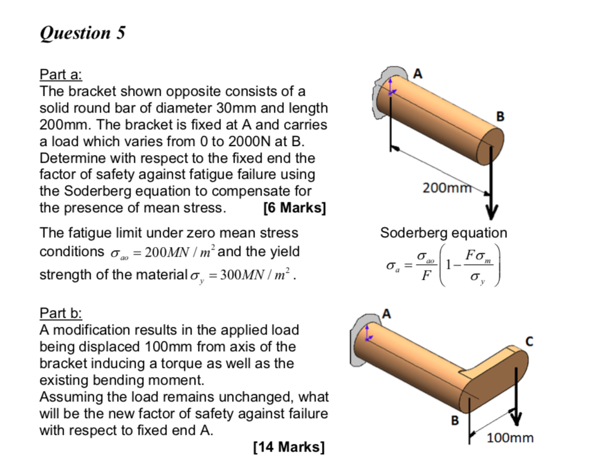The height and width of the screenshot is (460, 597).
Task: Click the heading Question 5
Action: tap(82, 33)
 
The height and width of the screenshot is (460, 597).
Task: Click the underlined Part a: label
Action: tap(60, 74)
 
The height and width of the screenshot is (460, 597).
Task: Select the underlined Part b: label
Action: tap(60, 313)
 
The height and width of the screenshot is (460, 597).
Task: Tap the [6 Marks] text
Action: tap(294, 208)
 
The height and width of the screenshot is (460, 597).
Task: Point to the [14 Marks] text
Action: tap(289, 446)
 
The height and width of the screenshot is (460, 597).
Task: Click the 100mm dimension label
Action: tap(510, 438)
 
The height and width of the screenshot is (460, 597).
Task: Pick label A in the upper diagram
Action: tap(419, 73)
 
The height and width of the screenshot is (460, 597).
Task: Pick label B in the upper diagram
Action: tap(501, 116)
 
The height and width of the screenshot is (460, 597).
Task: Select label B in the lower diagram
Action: tap(455, 421)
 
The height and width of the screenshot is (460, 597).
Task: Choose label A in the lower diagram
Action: tap(386, 313)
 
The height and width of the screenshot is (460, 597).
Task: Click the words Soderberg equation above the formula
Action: tap(443, 232)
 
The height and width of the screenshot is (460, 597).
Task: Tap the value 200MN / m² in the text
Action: tap(174, 251)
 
